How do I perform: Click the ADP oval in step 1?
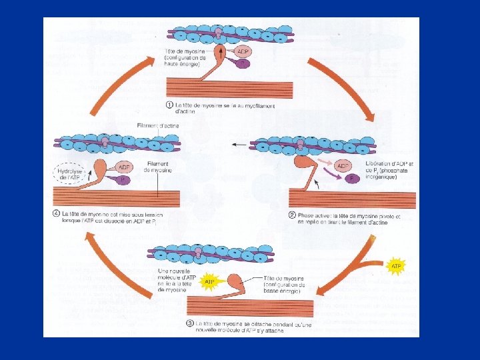(x=243, y=52)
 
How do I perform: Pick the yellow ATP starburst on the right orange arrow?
(x=396, y=265)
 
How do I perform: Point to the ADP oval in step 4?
(x=124, y=167)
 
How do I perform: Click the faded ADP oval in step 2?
(x=343, y=166)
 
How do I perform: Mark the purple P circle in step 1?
(x=243, y=64)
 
